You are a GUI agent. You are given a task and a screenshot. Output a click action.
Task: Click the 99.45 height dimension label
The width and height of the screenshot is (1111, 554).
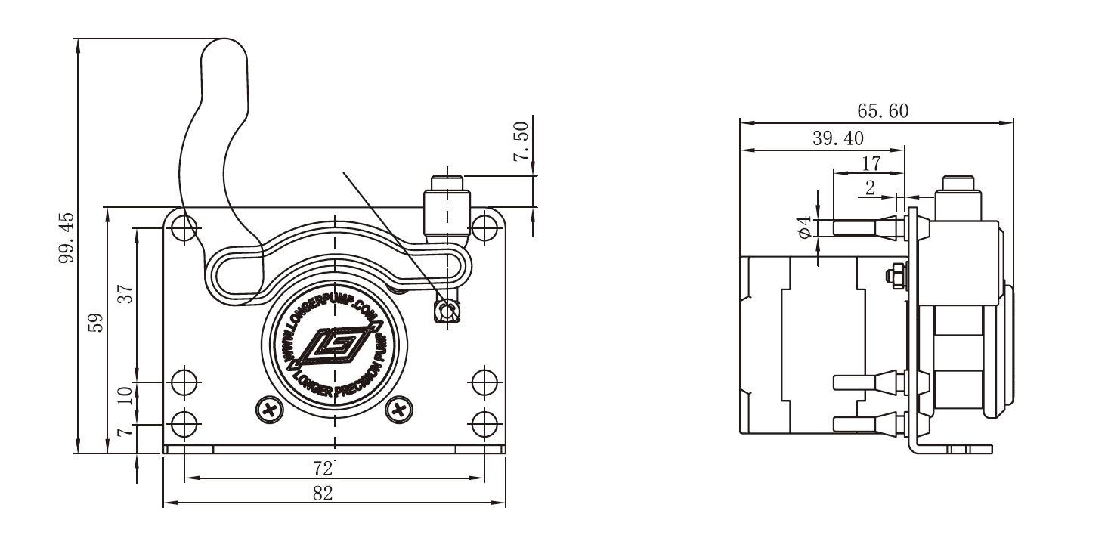pos(67,238)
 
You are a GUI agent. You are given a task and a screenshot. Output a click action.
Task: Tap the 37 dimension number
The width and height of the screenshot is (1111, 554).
pos(126,293)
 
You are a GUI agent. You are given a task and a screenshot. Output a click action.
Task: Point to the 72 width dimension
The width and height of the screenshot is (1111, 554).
pos(323,469)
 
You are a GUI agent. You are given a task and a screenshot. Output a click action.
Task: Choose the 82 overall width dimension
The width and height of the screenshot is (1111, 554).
pos(323,494)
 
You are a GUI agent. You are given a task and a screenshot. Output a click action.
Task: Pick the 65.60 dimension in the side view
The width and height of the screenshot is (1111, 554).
pos(883,111)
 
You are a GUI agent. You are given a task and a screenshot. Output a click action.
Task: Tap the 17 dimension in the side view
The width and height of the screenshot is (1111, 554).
pos(871,162)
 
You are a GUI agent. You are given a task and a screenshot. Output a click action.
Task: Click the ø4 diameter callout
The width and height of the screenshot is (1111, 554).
pos(804,227)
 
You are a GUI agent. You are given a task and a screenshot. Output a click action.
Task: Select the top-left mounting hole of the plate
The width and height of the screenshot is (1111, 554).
pos(184,226)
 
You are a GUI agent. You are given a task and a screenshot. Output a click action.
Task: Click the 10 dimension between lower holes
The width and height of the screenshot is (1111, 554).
pos(126,395)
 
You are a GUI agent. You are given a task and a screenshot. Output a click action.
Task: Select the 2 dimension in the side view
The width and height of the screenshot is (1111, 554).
pos(871,188)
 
